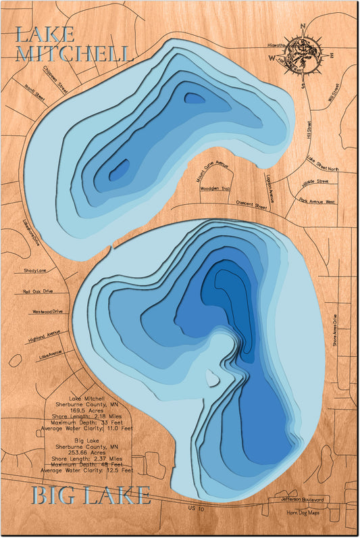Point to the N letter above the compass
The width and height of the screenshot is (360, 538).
click(303, 27)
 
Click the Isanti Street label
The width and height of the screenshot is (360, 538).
click(34, 93)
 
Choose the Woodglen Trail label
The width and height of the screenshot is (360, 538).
click(215, 189)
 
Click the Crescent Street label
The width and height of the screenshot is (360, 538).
click(249, 203)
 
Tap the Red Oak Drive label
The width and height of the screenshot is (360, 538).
click(40, 292)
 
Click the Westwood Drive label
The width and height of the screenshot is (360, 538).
click(47, 312)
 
